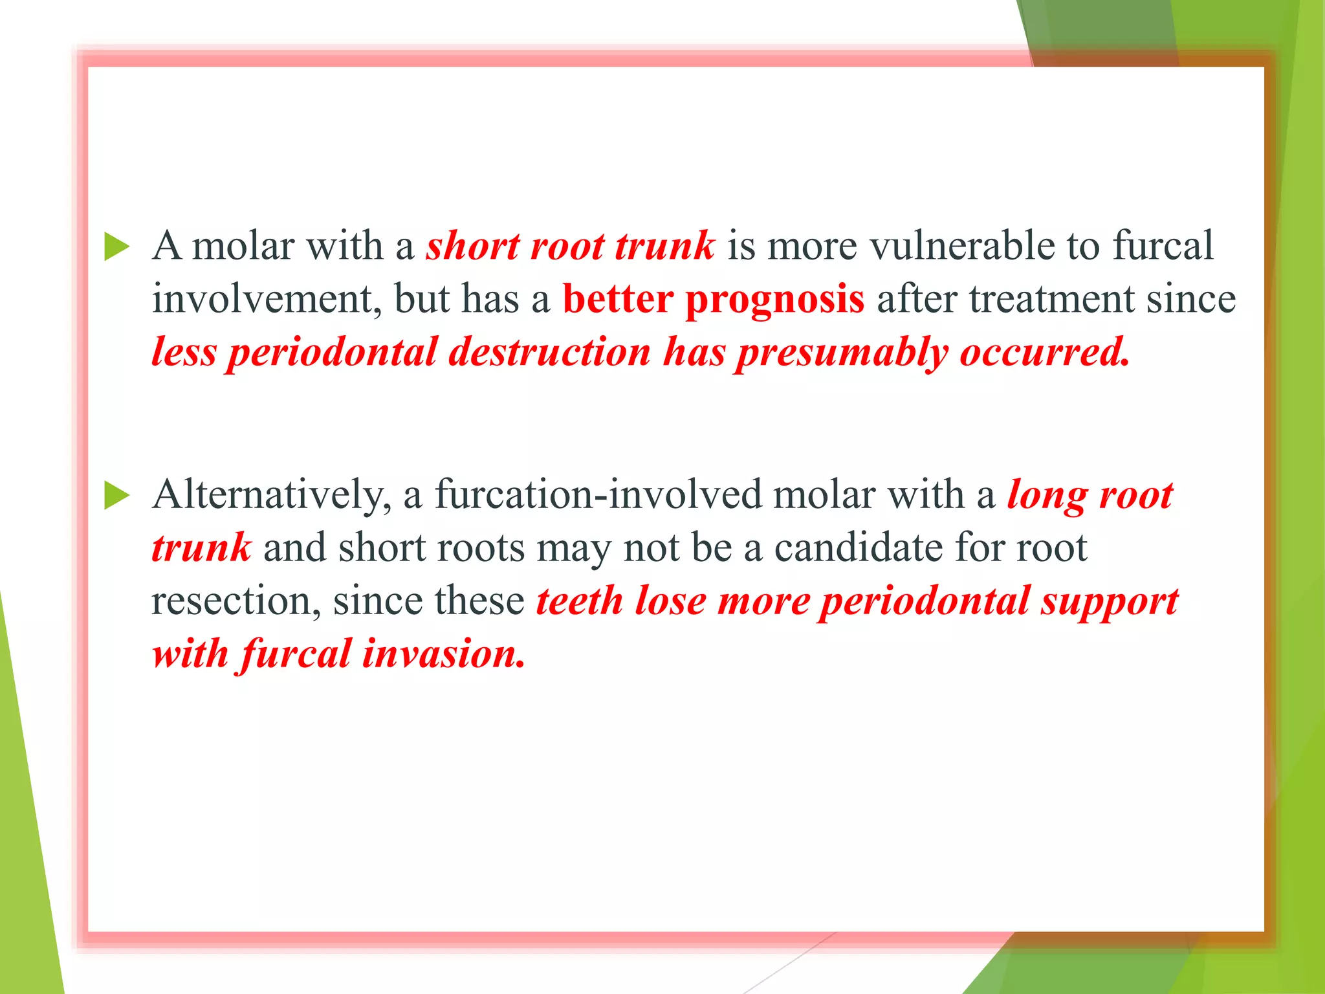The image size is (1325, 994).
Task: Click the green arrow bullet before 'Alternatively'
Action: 117,496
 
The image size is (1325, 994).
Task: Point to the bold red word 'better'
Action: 618,300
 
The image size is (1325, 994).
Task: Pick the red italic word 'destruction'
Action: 549,353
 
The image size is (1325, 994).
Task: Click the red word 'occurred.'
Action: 1044,353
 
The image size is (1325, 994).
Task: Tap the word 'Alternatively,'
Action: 272,496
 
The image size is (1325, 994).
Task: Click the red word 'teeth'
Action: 579,601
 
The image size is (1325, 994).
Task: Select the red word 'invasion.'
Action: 443,654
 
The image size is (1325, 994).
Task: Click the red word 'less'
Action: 184,353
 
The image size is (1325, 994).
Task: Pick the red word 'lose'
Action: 670,601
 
